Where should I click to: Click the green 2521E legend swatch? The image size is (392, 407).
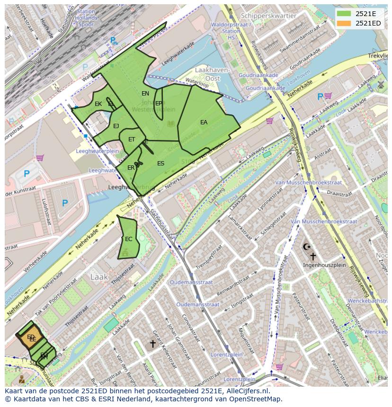(344, 14)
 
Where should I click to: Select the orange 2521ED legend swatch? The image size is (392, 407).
(344, 23)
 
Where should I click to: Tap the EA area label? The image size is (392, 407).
(204, 122)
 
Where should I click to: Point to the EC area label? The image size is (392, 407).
(128, 239)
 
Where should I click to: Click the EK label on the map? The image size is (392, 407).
(98, 104)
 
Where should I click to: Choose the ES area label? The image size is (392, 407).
(160, 164)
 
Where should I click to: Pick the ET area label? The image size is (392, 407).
(132, 139)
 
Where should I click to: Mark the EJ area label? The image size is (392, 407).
(116, 126)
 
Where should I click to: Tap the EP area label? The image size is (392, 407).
(159, 104)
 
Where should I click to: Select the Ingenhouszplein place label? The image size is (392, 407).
(324, 265)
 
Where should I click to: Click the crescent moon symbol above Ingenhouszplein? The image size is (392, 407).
(307, 247)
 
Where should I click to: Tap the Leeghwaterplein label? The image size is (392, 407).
(98, 151)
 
